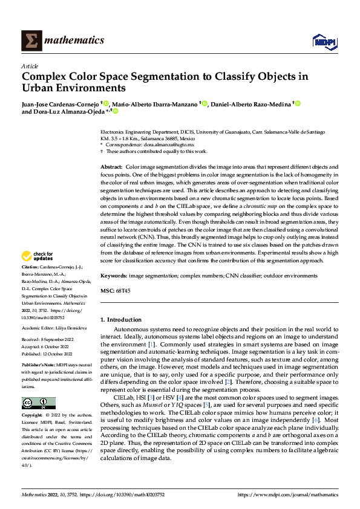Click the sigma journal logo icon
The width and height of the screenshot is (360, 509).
pyautogui.click(x=31, y=41)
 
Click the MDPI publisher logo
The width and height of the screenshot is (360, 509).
pyautogui.click(x=323, y=41)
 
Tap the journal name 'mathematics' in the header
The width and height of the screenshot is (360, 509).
pyautogui.click(x=75, y=41)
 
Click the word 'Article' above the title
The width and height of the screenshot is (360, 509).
pyautogui.click(x=30, y=66)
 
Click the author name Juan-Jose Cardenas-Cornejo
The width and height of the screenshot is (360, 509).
pyautogui.click(x=61, y=104)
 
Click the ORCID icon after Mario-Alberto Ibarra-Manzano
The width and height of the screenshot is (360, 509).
pyautogui.click(x=205, y=104)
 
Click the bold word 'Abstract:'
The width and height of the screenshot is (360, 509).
pyautogui.click(x=111, y=166)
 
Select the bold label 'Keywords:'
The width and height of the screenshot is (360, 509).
pyautogui.click(x=114, y=276)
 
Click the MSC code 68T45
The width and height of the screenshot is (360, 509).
pyautogui.click(x=123, y=291)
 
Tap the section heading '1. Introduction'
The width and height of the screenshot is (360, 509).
pyautogui.click(x=120, y=319)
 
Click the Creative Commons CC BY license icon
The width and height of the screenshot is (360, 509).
pyautogui.click(x=38, y=403)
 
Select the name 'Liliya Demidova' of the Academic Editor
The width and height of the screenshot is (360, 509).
pyautogui.click(x=72, y=328)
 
